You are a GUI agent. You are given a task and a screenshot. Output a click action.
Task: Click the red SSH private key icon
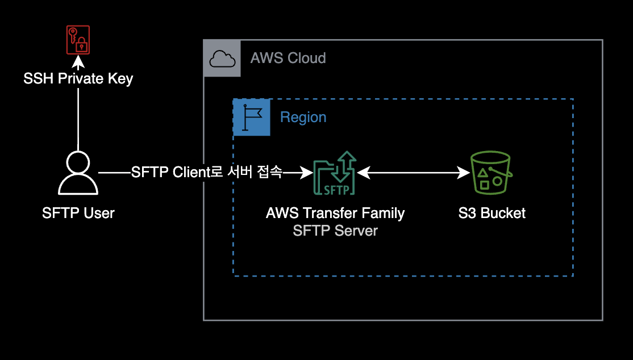(x=78, y=40)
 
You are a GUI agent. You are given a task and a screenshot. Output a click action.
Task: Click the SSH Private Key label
(x=78, y=78)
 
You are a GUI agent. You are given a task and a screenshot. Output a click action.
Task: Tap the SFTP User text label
(x=78, y=214)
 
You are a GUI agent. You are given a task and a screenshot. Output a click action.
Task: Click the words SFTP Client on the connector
(x=171, y=172)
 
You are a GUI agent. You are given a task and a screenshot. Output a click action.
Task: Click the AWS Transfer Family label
(x=335, y=214)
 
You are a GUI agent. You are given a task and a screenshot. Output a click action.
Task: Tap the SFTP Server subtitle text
(x=335, y=231)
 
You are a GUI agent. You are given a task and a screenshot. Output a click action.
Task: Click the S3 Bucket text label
(x=492, y=214)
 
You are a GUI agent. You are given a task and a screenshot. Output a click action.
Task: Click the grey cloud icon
(x=222, y=58)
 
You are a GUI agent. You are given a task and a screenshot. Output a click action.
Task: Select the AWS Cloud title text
(x=288, y=58)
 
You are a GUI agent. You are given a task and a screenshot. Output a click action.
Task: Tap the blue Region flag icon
(x=252, y=117)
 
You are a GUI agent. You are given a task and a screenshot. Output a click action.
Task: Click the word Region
(x=303, y=118)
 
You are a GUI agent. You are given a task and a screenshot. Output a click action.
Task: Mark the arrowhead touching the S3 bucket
(x=464, y=173)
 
